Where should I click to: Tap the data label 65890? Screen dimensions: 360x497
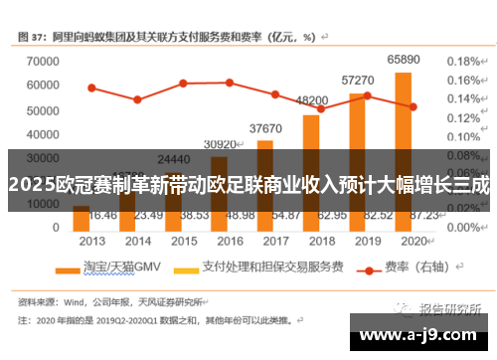[x=404, y=61]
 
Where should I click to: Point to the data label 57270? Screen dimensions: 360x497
[x=358, y=80]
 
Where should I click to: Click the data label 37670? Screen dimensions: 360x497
[x=265, y=128]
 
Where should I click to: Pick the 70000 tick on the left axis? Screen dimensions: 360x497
[x=37, y=61]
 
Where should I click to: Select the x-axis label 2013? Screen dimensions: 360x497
[x=92, y=241]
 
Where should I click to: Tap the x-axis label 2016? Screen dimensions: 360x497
[x=229, y=241]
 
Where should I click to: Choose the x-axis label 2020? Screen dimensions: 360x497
[x=412, y=241]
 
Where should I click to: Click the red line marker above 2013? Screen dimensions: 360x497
[x=91, y=88]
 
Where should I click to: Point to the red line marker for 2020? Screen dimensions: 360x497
[x=412, y=106]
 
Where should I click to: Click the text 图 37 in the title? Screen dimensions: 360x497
[x=33, y=36]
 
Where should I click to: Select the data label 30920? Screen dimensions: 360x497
[x=220, y=145]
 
